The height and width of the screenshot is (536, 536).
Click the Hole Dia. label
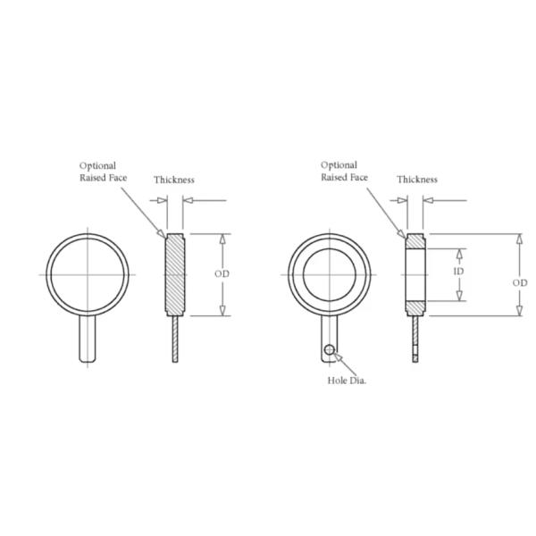coord(348,380)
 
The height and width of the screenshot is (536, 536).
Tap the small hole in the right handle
coord(331,349)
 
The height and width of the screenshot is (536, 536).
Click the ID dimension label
coord(458,272)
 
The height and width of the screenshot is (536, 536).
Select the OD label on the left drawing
coord(222,274)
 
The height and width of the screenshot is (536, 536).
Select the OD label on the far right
coord(520,281)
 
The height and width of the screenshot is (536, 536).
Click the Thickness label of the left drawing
coord(173,180)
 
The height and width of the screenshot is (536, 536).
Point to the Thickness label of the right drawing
coord(417,179)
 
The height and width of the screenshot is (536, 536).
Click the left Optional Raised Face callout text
coord(104,172)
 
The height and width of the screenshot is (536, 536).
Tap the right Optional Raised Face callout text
coord(344,172)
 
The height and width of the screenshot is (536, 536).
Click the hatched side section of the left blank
coord(175,274)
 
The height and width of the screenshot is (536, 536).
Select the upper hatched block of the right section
coord(416,241)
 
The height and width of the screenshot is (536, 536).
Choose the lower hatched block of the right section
coord(416,306)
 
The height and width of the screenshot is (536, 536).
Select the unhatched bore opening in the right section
coord(416,273)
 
